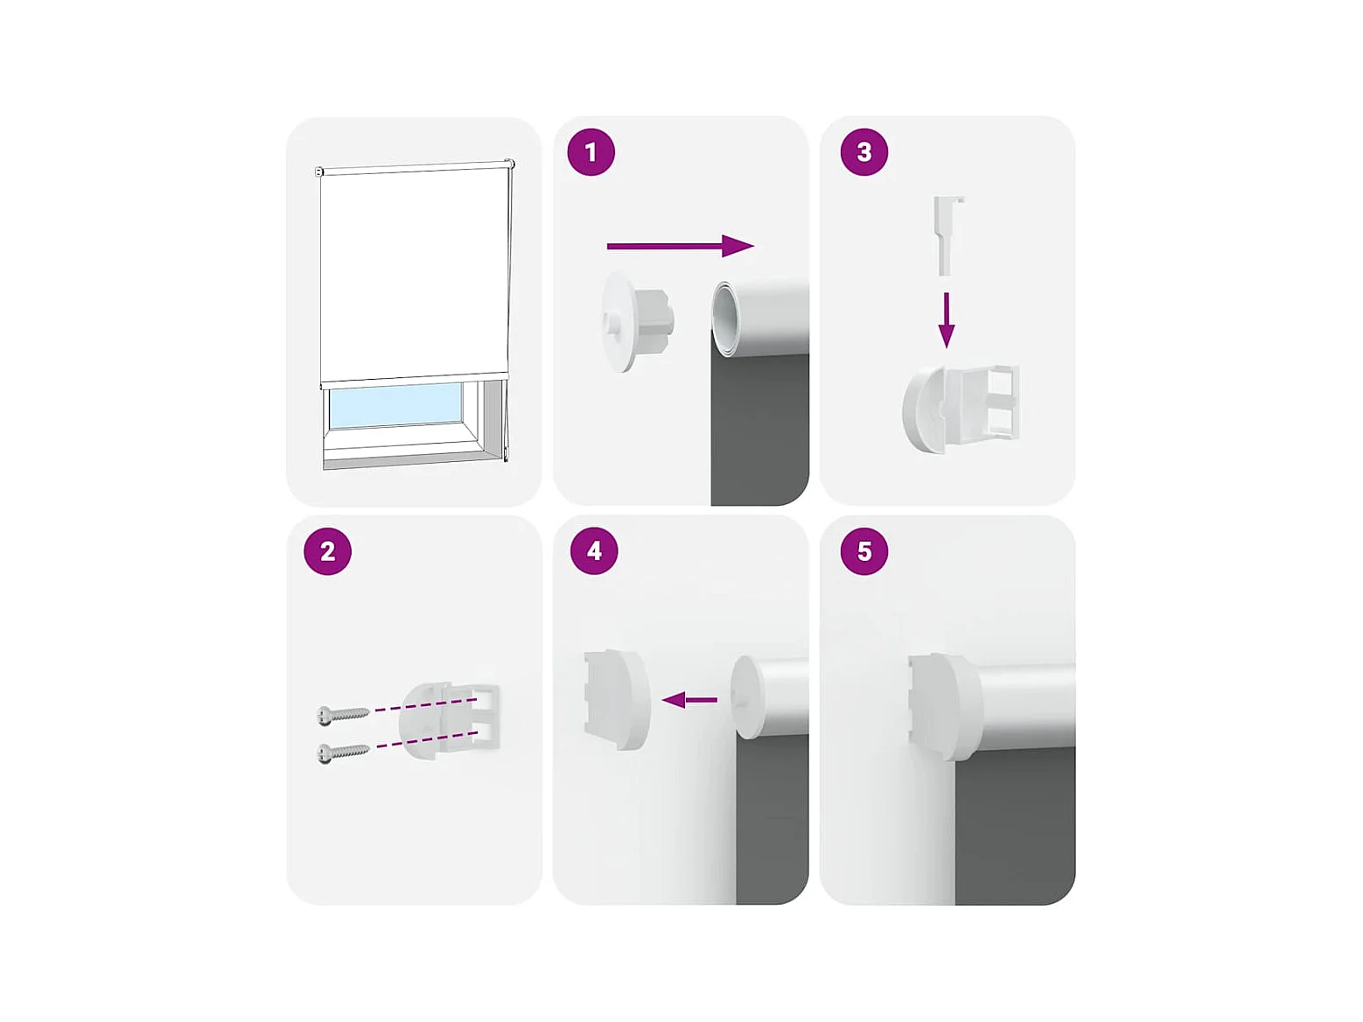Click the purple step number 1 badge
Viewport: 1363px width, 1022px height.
point(591,152)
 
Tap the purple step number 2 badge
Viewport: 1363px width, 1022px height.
point(327,551)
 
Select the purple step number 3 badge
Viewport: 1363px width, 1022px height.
point(863,152)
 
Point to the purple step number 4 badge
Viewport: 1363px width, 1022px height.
point(594,551)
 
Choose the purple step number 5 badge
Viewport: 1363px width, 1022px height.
point(863,551)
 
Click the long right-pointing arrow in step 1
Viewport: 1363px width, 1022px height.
point(680,246)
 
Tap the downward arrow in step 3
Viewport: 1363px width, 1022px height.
point(946,320)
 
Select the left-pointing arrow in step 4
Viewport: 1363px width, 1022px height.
point(689,700)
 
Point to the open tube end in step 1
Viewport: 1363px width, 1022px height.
point(724,320)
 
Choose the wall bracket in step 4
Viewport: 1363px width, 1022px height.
point(618,700)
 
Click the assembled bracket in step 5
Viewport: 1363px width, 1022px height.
point(944,707)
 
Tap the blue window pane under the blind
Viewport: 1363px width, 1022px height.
point(395,405)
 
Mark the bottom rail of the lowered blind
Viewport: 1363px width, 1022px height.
point(414,380)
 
